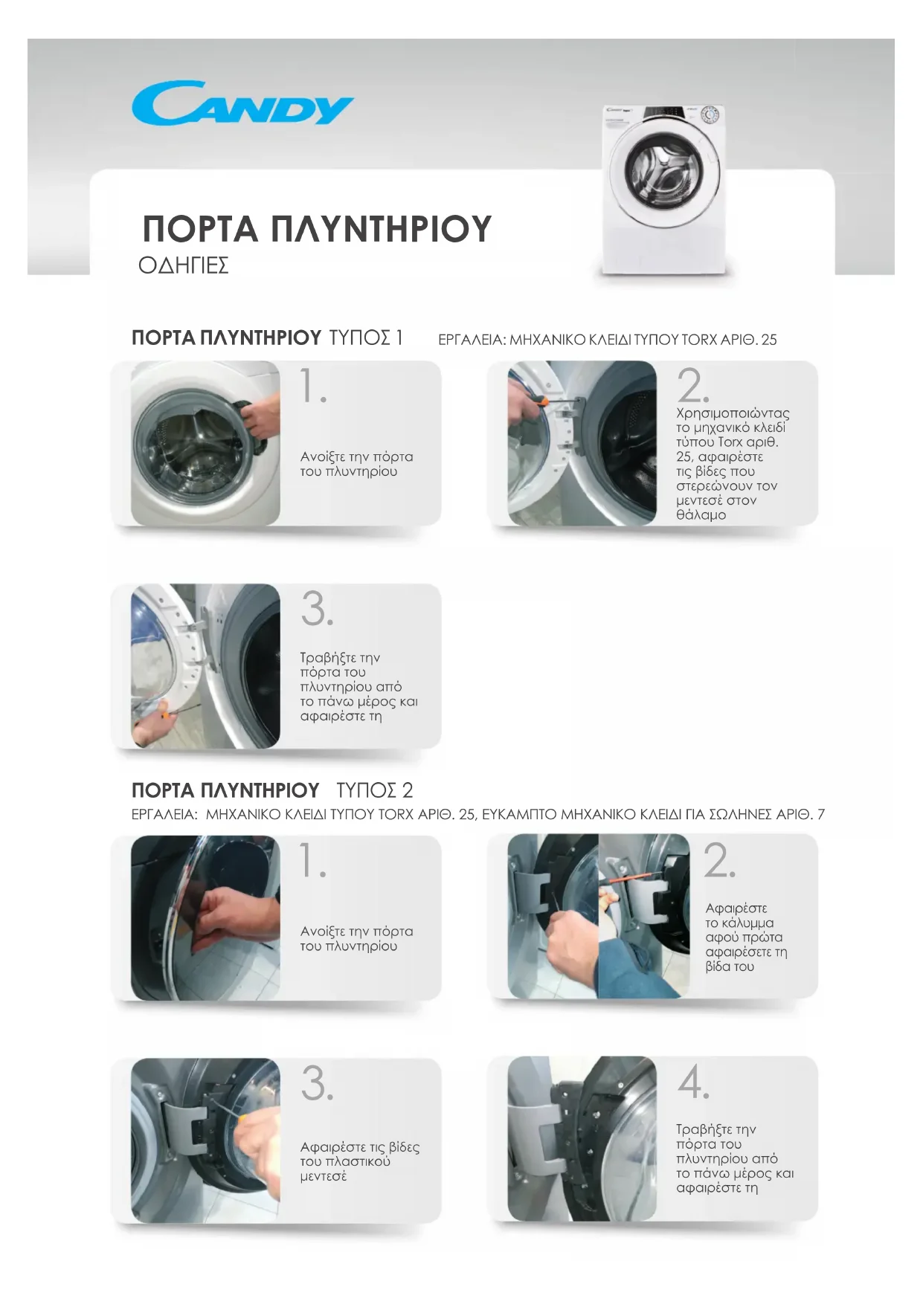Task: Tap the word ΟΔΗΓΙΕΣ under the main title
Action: (183, 265)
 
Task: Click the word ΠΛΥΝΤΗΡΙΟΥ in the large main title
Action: (380, 228)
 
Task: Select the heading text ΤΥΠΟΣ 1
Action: (366, 338)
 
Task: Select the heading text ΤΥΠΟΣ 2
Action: (375, 790)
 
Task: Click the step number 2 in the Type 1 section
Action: (692, 385)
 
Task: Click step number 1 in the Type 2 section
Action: (312, 860)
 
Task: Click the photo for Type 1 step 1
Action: (205, 443)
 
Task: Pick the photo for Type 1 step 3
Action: (205, 666)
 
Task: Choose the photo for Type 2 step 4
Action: (582, 1139)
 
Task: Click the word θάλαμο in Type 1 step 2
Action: (701, 514)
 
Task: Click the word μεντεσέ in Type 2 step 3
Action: (324, 1176)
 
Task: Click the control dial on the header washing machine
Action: (710, 115)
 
